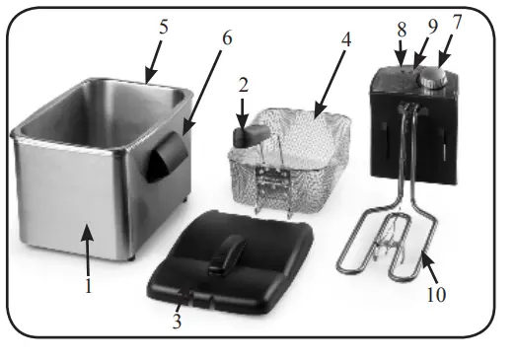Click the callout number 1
click(89, 287)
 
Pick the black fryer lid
click(227, 261)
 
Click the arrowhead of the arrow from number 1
click(88, 226)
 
